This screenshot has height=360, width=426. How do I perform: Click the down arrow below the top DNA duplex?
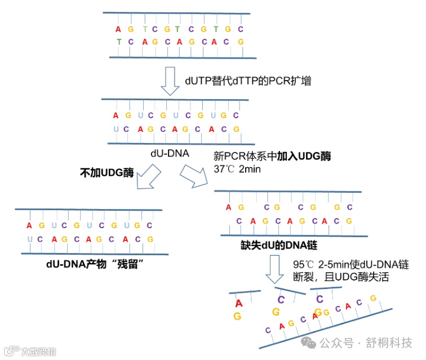(x=170, y=81)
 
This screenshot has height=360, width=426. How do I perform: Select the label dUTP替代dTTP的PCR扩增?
(x=248, y=81)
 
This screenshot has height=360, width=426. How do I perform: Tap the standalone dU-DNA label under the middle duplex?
(x=169, y=153)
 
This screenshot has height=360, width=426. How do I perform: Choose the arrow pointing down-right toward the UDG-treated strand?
(x=194, y=178)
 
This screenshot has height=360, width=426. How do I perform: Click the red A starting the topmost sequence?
(x=118, y=29)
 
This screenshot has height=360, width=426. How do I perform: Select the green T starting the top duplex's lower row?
(x=118, y=42)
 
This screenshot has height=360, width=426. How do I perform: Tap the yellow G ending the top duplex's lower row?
(x=241, y=42)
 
